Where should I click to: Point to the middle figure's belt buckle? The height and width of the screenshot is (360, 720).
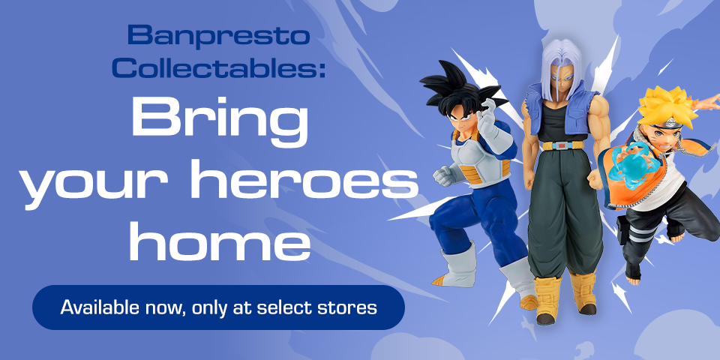click(x=559, y=145)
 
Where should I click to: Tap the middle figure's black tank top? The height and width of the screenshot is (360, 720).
click(x=559, y=120)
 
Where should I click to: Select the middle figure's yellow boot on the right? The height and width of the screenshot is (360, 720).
click(x=583, y=293)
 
